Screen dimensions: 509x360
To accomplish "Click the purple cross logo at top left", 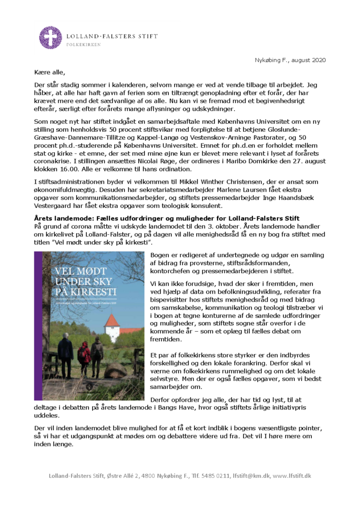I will [50, 38].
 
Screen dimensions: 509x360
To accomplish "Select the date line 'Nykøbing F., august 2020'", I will [290, 60].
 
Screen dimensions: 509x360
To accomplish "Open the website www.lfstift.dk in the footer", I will [291, 476].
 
